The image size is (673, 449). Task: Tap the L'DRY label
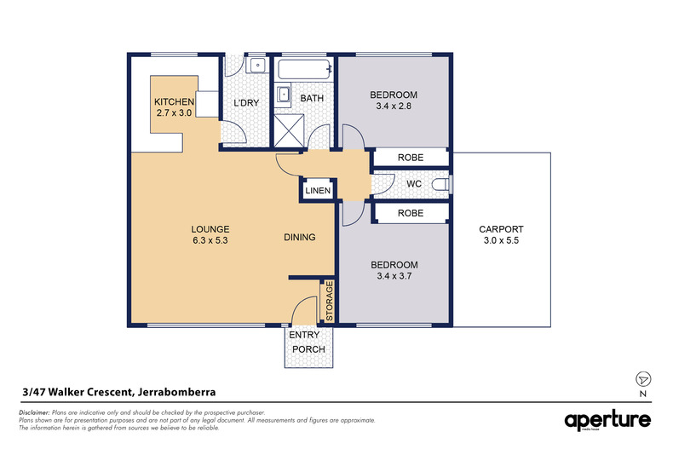click(x=246, y=103)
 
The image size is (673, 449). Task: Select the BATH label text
click(x=312, y=99)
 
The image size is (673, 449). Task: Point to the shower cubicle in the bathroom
click(x=288, y=130)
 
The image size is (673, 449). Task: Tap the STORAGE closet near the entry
click(x=329, y=302)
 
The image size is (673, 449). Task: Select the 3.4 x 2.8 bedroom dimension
click(x=394, y=106)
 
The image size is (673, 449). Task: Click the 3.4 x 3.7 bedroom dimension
click(x=394, y=276)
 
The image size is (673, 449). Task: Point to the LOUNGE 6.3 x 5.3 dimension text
click(x=210, y=240)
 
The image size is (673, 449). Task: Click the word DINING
click(x=300, y=238)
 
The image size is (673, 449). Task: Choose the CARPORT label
click(x=500, y=229)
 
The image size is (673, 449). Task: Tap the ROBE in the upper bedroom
click(x=411, y=157)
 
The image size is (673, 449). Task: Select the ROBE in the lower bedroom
click(x=411, y=213)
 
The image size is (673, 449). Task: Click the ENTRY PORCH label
click(x=309, y=343)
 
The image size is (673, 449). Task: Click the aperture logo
click(x=607, y=420)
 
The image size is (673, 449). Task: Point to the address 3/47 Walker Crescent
click(x=118, y=392)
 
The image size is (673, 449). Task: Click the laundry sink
click(x=257, y=65)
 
